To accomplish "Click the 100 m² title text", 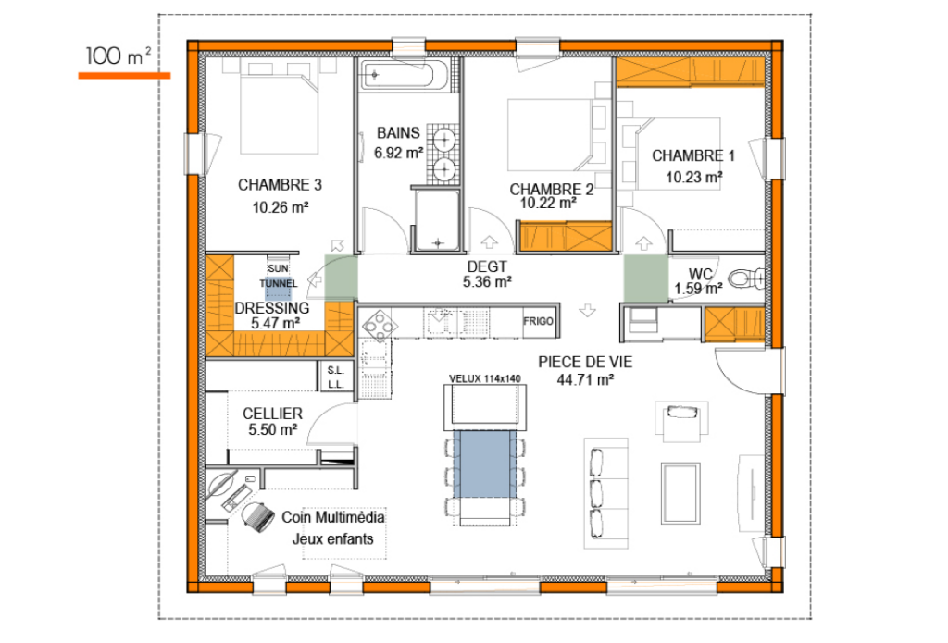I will [118, 56].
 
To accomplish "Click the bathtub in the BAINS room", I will [405, 74].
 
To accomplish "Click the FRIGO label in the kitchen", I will [538, 321].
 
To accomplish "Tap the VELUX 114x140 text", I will [485, 378].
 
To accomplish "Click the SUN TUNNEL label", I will [279, 275].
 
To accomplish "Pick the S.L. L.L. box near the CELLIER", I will [335, 377].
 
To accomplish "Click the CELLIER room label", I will [273, 414].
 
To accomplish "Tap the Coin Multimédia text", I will [333, 519].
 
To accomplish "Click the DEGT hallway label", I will [487, 266].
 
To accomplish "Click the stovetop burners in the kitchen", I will [380, 324].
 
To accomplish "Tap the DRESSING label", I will [272, 308].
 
